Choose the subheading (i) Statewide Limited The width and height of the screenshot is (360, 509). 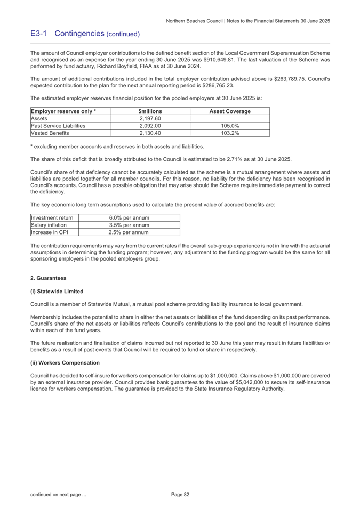[x=57, y=292]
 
